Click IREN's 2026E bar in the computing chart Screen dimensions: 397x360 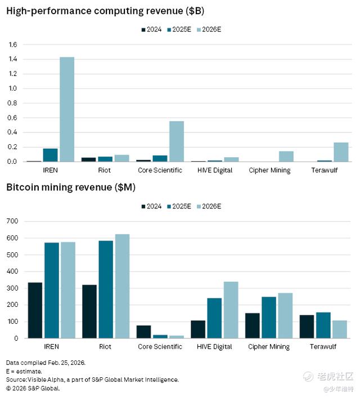(67, 109)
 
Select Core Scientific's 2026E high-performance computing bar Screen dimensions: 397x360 (177, 141)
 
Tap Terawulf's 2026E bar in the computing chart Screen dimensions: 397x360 (325, 152)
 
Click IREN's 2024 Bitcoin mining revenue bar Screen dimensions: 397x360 (35, 310)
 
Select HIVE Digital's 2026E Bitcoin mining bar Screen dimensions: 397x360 (231, 310)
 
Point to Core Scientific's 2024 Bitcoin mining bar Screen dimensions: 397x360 (144, 332)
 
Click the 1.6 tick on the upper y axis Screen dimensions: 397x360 (13, 44)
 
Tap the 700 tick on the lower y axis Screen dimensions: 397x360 (12, 221)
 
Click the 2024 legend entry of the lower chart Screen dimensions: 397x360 (151, 207)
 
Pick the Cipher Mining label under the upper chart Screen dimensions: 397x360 (269, 170)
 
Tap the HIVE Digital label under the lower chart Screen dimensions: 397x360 (215, 347)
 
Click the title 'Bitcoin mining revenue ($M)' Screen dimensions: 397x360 (71, 187)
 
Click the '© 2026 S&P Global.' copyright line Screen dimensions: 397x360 (33, 389)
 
